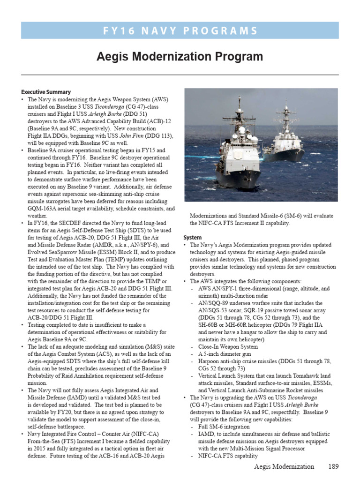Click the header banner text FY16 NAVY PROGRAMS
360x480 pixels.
tap(180, 31)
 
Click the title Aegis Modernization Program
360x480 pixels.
tap(180, 57)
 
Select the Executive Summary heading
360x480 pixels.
tap(46, 92)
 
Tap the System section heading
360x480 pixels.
tap(192, 238)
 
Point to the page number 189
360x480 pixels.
tap(332, 466)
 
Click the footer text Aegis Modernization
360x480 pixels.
tap(284, 466)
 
